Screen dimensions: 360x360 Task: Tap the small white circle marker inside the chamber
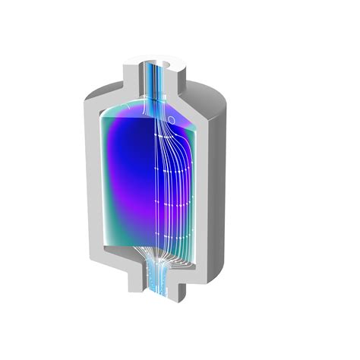point(172,119)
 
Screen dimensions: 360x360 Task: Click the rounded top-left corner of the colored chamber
point(106,110)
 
